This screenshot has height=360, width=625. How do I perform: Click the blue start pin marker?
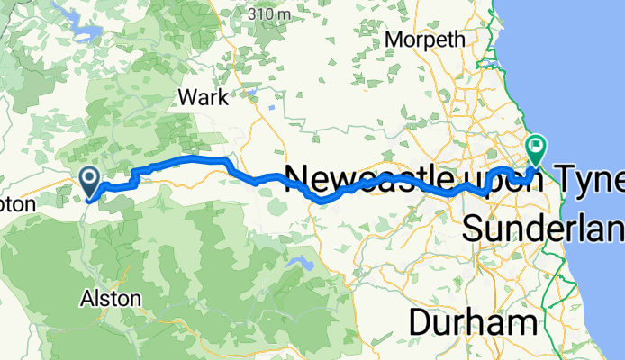click(x=91, y=179)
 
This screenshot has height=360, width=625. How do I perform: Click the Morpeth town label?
click(x=425, y=40)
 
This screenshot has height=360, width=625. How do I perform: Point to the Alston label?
click(x=111, y=298)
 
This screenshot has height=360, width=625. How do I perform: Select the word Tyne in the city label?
click(x=593, y=179)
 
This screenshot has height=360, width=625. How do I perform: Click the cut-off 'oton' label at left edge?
click(x=17, y=204)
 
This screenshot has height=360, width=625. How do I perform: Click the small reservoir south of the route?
click(x=294, y=263)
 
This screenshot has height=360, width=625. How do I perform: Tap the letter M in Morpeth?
click(x=392, y=40)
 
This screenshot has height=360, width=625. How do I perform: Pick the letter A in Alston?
click(x=86, y=298)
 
